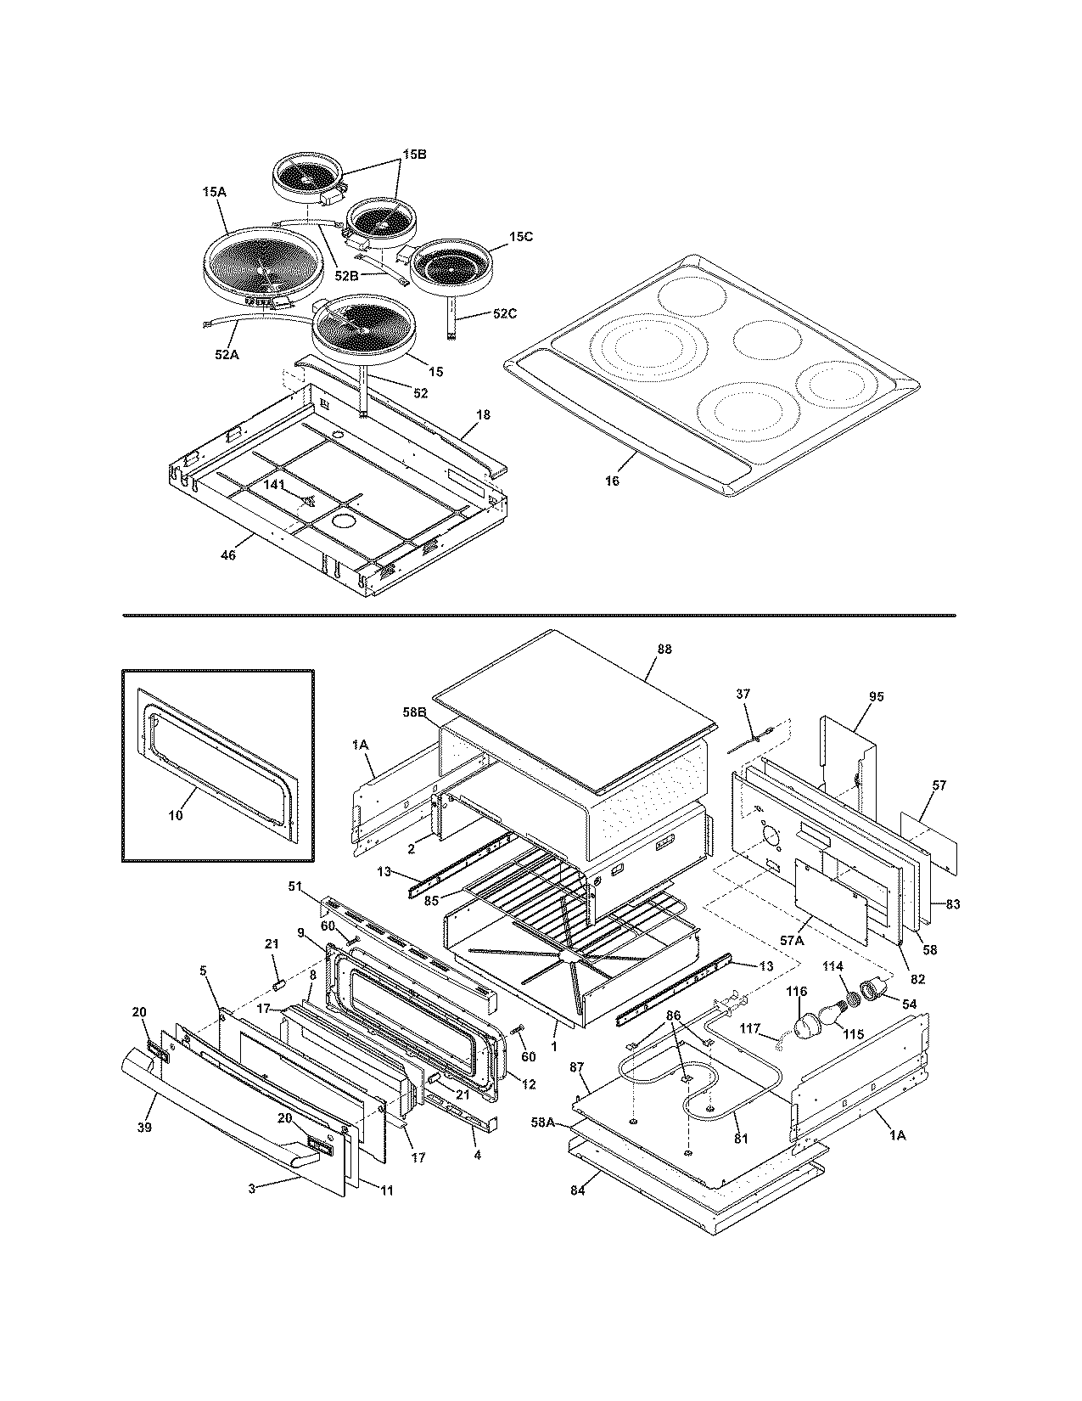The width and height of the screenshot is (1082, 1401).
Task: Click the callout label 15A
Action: click(215, 193)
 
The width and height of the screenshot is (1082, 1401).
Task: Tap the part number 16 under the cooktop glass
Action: click(612, 481)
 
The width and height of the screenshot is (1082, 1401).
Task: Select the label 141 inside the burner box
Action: click(274, 484)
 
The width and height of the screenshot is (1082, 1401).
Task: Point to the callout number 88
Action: click(664, 649)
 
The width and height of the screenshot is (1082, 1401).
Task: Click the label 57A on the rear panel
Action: click(790, 941)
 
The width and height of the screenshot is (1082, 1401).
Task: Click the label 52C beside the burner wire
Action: click(504, 313)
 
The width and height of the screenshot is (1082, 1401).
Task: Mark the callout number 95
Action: click(877, 696)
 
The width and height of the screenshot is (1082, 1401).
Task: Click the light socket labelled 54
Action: click(873, 989)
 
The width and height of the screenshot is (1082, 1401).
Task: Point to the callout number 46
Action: click(227, 555)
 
